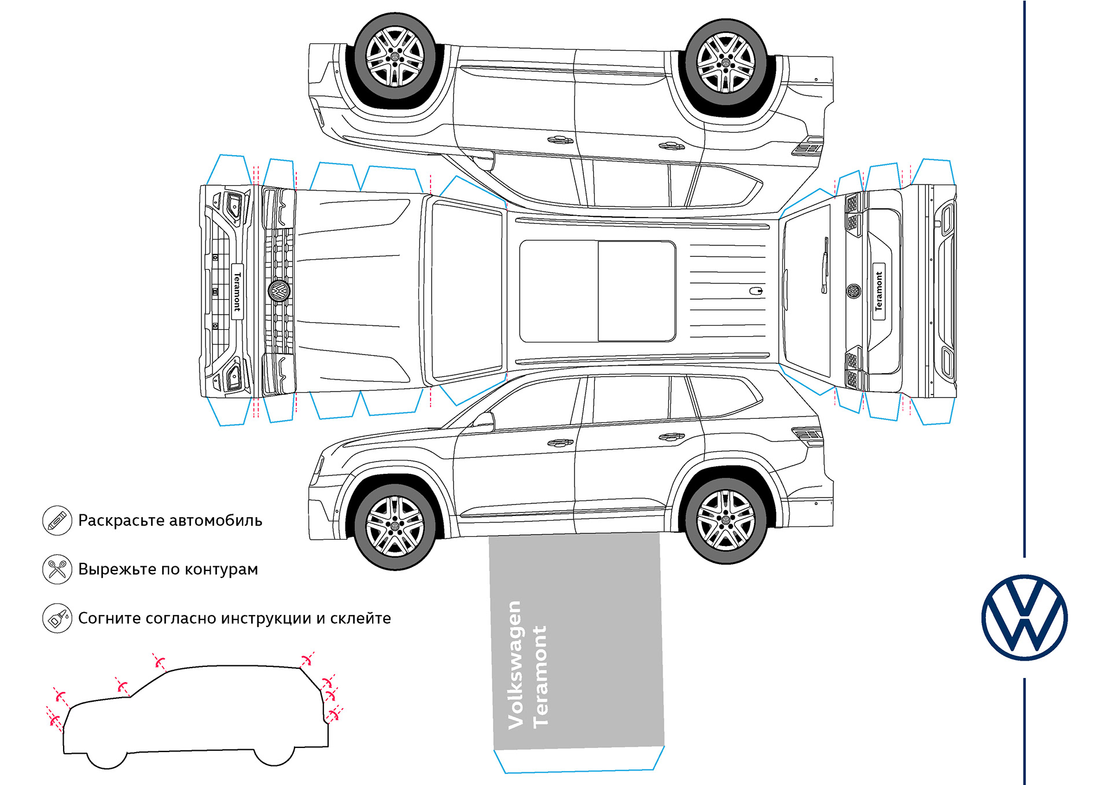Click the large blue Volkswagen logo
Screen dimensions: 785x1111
tap(1024, 617)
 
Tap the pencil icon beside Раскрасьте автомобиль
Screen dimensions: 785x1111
tap(57, 520)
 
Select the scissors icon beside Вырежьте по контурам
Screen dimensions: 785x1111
tap(57, 569)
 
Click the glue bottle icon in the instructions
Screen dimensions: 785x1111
tap(57, 618)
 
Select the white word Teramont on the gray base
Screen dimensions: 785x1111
tap(540, 677)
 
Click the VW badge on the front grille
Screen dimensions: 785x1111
tap(279, 290)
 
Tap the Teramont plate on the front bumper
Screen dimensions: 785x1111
tap(237, 292)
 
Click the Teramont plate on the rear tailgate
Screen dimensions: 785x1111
tap(879, 291)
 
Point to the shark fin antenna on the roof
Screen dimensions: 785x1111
tap(756, 291)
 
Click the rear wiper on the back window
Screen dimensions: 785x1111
tap(825, 265)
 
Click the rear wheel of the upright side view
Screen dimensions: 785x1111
tap(726, 519)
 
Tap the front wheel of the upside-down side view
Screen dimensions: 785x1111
tap(395, 57)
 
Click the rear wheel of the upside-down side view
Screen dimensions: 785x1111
tap(726, 62)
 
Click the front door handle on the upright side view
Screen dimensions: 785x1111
tap(560, 443)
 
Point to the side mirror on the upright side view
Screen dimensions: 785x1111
tap(485, 422)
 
